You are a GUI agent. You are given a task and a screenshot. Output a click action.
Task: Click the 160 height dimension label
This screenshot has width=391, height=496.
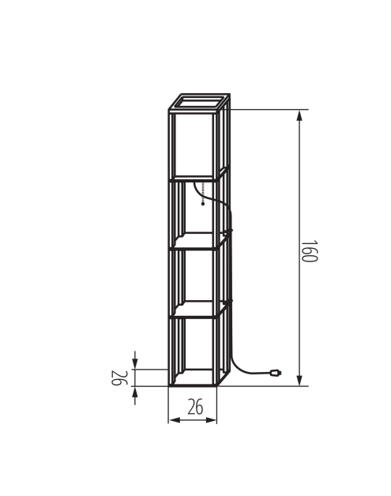tap(309, 251)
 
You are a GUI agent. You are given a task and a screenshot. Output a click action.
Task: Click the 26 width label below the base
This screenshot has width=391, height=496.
tap(195, 407)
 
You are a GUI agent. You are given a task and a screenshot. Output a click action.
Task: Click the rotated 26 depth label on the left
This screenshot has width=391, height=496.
tap(119, 378)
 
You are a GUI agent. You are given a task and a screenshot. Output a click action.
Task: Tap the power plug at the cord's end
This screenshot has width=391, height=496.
tap(276, 373)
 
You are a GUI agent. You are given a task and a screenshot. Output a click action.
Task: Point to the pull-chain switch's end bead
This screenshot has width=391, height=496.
tap(203, 204)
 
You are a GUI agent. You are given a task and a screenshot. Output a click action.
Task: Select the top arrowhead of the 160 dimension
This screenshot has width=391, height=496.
tap(299, 115)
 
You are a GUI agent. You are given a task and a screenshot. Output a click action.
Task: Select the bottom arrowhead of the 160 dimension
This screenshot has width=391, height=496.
tap(299, 380)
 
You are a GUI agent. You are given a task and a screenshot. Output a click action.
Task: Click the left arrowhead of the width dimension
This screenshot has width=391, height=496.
tap(175, 420)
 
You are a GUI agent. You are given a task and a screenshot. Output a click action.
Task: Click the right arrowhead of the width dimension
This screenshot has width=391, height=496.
tap(211, 420)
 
